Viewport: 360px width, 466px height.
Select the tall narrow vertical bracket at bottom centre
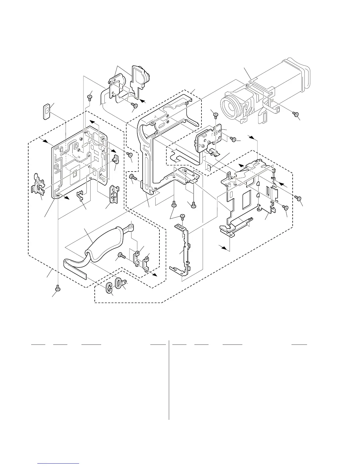point(184,250)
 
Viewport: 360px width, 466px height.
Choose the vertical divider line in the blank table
point(169,380)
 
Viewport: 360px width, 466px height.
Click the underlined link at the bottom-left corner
point(59,463)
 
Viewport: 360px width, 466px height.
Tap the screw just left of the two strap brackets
point(121,255)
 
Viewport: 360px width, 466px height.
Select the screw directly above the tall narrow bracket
point(182,217)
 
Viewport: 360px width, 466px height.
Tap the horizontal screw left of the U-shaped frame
point(133,177)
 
